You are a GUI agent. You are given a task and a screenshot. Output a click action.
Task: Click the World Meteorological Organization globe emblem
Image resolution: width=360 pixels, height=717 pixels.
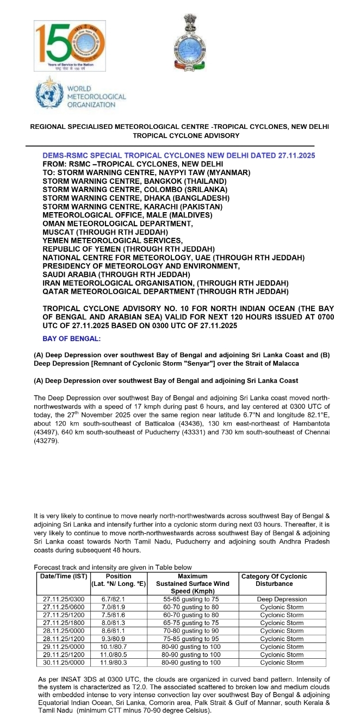click(48, 95)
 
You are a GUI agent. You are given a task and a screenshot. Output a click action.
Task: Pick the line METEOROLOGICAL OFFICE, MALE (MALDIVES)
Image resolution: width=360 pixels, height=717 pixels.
click(127, 215)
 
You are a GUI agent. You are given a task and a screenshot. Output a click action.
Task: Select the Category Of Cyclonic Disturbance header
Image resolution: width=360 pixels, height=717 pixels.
click(281, 580)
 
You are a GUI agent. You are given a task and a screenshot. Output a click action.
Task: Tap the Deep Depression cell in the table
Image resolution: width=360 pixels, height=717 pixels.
click(282, 599)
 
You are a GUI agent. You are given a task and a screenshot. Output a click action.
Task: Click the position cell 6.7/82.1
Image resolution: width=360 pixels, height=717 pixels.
click(119, 599)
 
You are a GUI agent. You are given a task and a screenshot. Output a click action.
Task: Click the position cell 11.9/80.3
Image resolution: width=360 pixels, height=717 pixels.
click(119, 663)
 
